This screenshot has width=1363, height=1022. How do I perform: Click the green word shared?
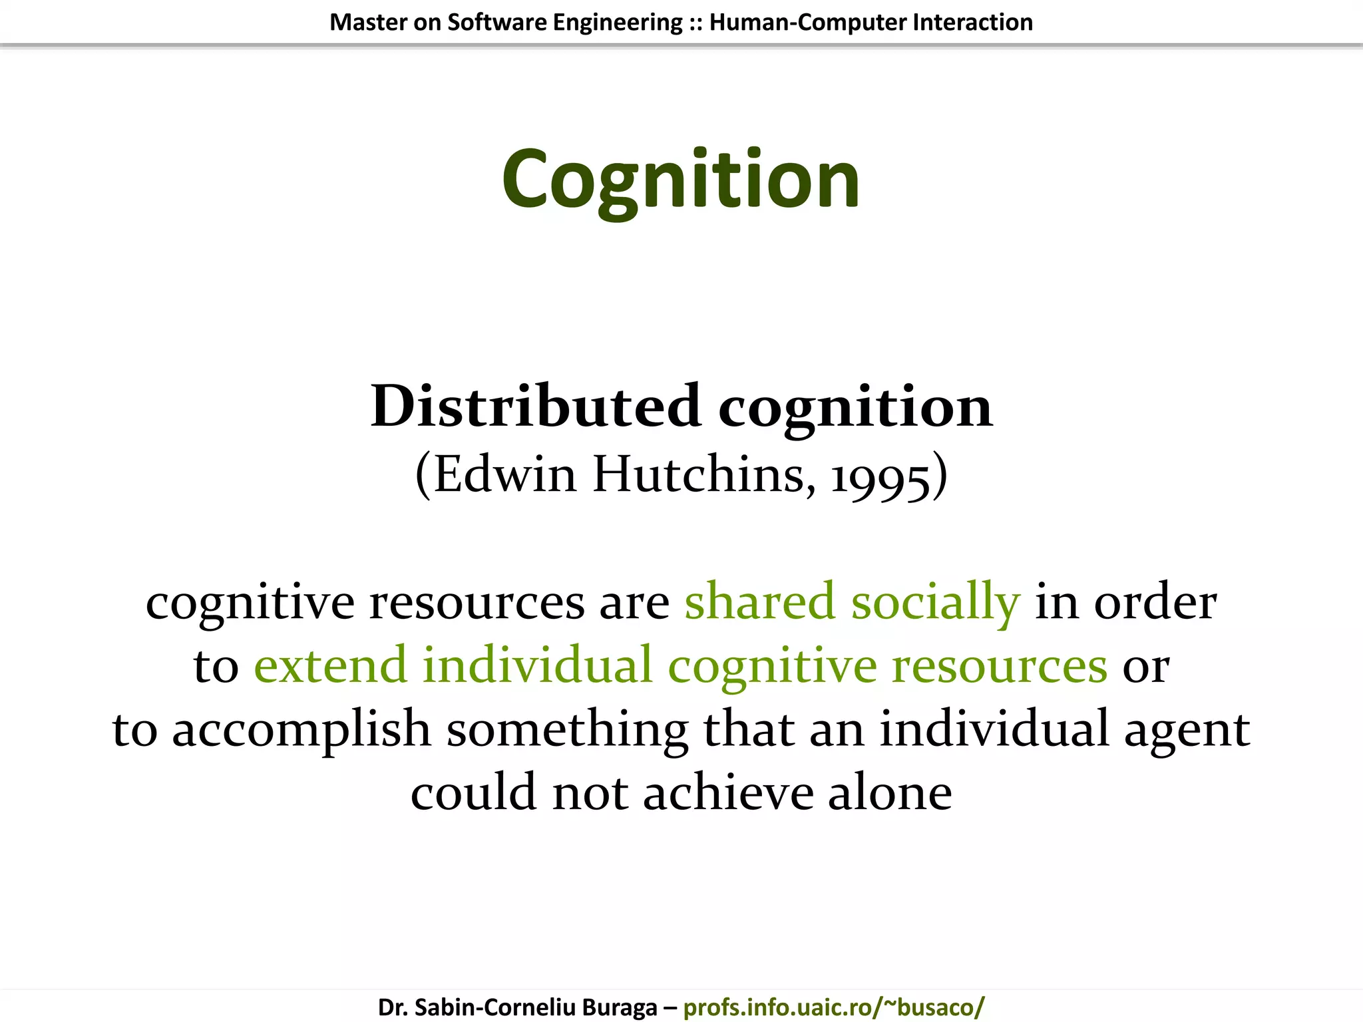tap(759, 601)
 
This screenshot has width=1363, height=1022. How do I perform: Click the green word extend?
tap(330, 664)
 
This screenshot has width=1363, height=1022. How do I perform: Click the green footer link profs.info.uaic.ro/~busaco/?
tap(833, 1007)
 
